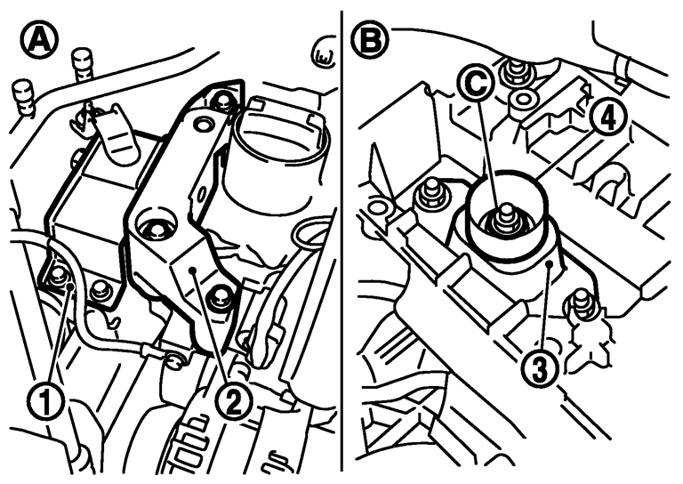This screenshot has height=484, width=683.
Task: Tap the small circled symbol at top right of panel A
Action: click(322, 55)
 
